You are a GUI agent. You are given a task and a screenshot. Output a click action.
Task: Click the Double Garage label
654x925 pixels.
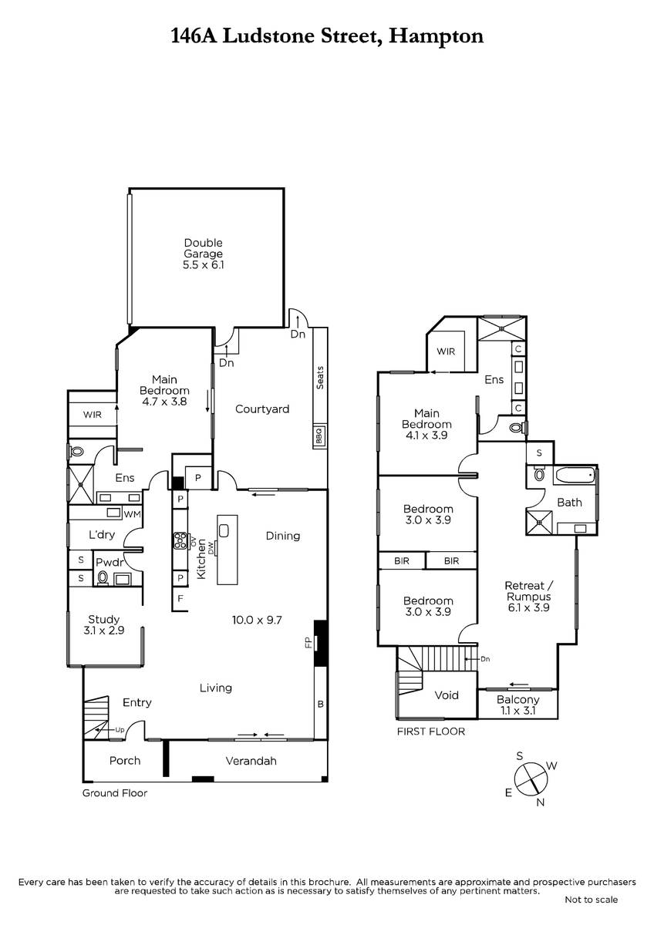point(204,254)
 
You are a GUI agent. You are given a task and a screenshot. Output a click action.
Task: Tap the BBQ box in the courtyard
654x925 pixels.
point(319,436)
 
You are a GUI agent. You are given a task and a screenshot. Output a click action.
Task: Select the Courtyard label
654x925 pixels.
point(262,409)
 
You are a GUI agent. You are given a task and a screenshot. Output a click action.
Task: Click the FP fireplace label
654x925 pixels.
point(308,642)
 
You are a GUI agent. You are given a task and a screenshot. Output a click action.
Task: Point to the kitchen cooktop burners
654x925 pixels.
point(180,540)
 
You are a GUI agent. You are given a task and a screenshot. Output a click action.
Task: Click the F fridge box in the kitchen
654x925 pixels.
point(180,598)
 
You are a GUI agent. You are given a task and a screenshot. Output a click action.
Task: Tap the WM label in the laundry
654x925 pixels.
point(133,514)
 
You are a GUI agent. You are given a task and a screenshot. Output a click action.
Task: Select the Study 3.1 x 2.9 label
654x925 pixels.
point(103,625)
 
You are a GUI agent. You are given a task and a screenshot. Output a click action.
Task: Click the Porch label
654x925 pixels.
point(125,761)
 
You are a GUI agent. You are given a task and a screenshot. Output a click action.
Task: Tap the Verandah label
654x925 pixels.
point(251,761)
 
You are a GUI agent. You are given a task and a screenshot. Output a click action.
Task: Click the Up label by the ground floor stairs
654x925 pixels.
point(120,730)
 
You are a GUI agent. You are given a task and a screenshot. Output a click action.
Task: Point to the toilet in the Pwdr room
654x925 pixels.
point(103,577)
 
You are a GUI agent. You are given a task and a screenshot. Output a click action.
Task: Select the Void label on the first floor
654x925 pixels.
point(447,695)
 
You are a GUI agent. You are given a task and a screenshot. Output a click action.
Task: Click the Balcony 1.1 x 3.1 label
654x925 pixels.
point(517,705)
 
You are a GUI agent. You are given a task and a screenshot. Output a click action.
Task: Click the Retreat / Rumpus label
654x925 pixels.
point(529,597)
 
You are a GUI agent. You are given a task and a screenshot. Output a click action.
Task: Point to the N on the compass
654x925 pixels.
point(541,802)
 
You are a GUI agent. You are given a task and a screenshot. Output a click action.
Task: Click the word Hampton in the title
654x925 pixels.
point(437,37)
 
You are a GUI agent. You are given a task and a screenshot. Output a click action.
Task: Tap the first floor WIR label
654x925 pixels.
point(446,351)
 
